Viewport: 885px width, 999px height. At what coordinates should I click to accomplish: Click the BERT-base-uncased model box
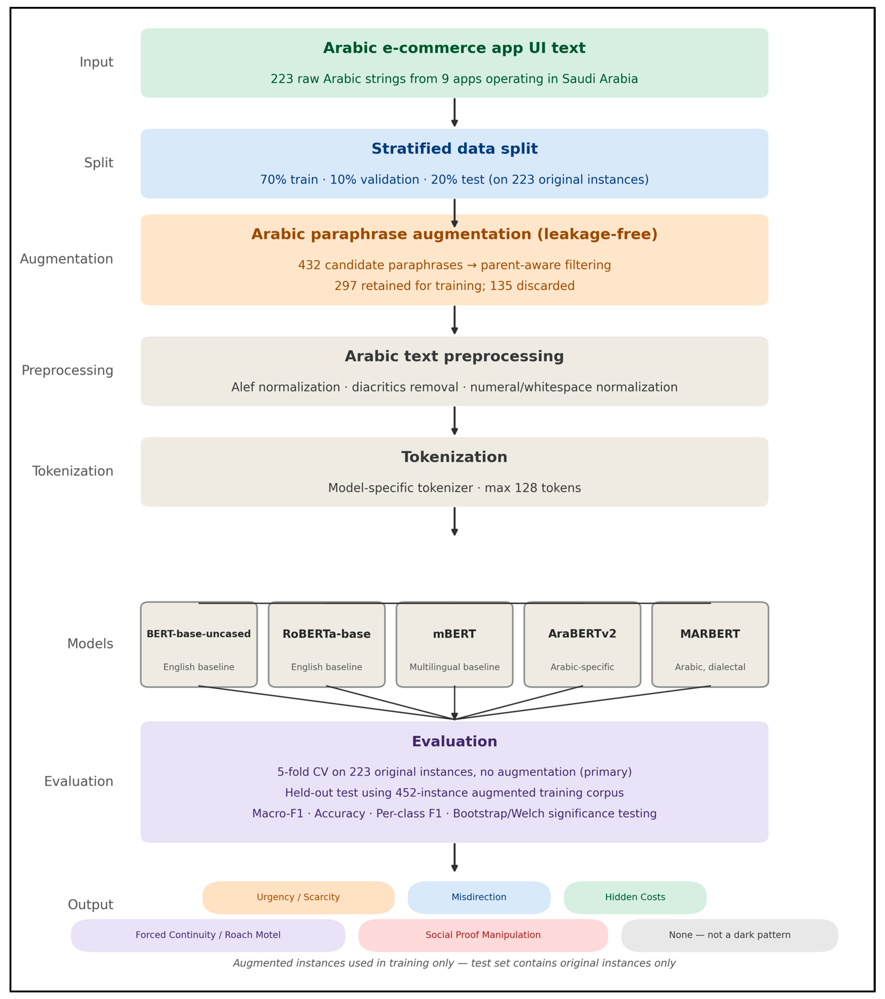199,644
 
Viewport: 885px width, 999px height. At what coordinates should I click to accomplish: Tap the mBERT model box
454,644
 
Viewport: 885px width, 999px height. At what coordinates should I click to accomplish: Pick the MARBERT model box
710,644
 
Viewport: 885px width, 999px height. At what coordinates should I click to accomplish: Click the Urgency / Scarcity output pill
298,897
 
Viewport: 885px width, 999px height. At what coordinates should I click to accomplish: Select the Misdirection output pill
479,897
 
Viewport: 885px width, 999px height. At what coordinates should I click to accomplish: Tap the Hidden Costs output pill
635,897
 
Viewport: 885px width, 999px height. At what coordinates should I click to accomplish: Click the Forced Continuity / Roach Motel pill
208,935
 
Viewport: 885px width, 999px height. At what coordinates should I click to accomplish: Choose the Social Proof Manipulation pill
483,935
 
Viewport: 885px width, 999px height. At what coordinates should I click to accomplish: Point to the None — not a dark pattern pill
730,935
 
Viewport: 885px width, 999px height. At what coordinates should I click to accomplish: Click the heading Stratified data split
454,148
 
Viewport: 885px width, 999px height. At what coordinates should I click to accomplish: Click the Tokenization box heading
454,457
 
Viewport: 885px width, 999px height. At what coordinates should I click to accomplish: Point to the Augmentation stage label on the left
66,259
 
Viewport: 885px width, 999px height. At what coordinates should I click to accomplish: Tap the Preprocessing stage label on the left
67,370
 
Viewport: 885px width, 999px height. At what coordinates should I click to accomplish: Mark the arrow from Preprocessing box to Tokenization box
454,421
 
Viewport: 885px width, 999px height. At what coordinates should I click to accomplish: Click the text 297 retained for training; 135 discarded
454,286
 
